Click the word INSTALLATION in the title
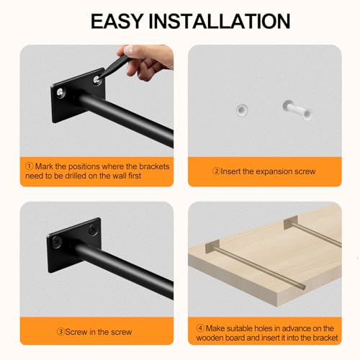(220, 21)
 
